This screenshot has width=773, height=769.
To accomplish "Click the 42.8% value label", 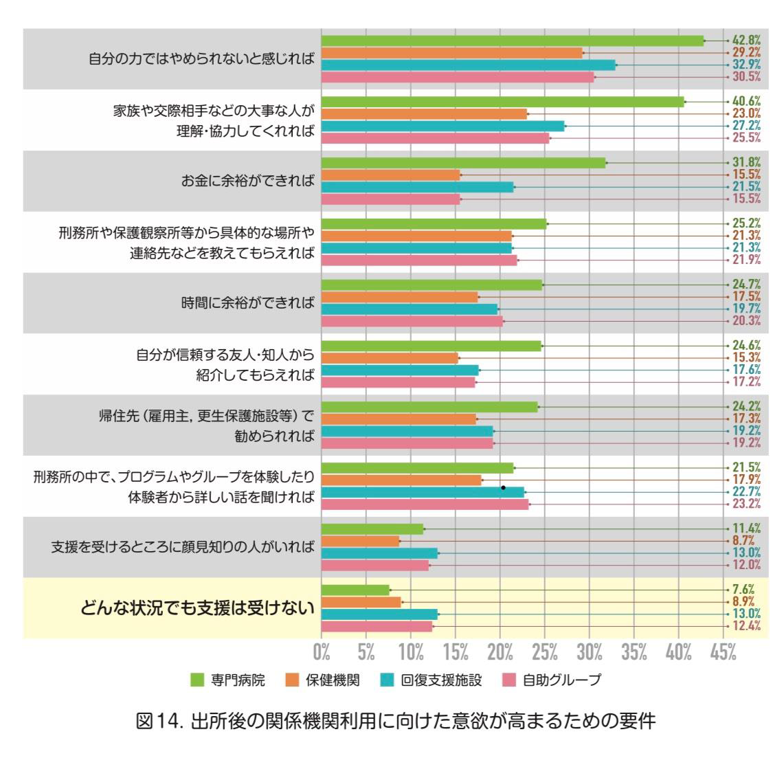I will (x=746, y=41).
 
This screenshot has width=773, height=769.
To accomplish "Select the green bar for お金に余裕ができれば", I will (x=463, y=163).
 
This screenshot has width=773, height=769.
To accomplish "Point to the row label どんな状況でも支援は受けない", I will (x=198, y=608).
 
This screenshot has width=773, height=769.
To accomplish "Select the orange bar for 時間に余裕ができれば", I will (x=399, y=297).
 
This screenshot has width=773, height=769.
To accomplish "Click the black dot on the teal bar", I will (x=504, y=488).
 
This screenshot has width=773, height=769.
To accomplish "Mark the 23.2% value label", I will (x=746, y=504).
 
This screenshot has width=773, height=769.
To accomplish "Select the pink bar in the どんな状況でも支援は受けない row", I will (x=377, y=627).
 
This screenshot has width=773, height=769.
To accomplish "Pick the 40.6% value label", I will (x=746, y=101).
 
